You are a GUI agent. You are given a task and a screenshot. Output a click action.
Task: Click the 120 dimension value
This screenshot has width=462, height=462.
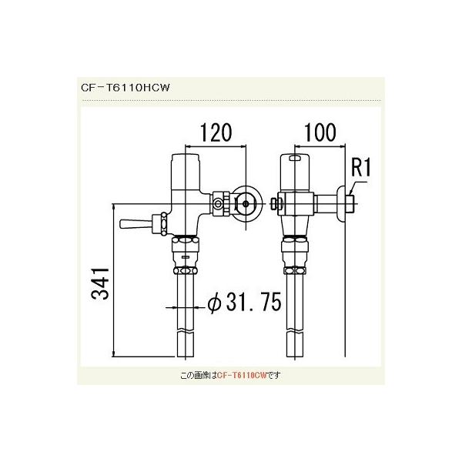(x=216, y=132)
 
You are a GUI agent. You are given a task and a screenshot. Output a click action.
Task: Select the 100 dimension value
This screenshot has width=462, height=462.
(x=319, y=132)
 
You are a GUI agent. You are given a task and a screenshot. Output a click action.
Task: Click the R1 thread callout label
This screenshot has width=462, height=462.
(x=362, y=166)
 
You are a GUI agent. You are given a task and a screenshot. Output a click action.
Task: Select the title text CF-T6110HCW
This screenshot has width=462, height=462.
(x=124, y=88)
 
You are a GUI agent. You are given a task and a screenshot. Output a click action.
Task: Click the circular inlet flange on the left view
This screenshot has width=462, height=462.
(x=246, y=203)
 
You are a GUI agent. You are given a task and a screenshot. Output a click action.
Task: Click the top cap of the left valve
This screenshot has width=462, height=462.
(x=186, y=164)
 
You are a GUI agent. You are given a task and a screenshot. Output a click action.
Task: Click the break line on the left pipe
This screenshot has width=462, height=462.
(x=187, y=330)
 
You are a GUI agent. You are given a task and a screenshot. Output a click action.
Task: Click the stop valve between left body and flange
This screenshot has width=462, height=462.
(x=219, y=203)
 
